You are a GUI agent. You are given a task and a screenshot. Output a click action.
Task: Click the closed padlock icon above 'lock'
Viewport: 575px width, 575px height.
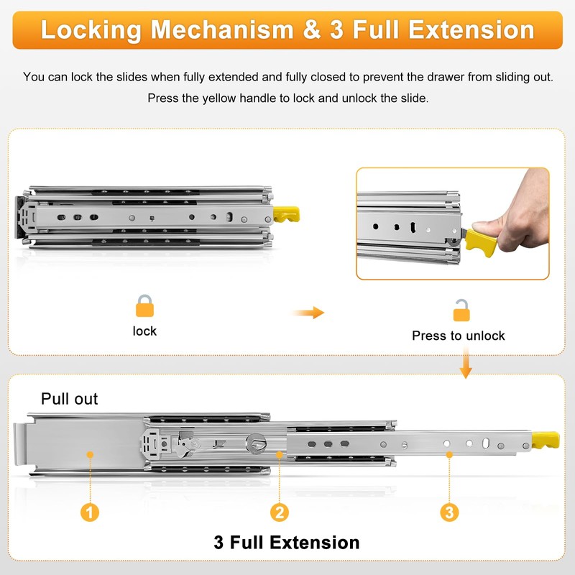coord(144,306)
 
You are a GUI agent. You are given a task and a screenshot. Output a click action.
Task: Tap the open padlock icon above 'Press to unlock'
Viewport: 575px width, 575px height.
coord(461,310)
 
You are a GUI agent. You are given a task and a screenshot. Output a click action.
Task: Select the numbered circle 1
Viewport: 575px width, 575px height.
coord(90,512)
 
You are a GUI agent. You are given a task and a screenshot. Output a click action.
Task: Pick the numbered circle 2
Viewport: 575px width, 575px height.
coord(280,512)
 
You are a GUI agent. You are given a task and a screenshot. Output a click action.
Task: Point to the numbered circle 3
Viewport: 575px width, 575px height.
coord(450,512)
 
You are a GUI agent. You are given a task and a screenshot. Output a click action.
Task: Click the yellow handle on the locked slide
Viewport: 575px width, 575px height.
coord(286,215)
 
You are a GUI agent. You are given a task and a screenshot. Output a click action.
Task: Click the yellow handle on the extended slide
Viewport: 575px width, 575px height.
coord(546,440)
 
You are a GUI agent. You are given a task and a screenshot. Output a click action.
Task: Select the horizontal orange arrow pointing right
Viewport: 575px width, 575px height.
coord(308,313)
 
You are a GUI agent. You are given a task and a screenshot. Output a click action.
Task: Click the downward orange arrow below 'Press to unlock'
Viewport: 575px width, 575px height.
coord(466,363)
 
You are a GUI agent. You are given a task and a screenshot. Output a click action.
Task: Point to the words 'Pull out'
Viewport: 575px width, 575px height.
coord(69,399)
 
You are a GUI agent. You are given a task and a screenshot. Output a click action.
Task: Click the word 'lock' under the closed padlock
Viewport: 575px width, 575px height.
coord(144,331)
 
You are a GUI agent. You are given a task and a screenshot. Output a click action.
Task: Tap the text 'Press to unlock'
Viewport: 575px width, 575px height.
coord(459,336)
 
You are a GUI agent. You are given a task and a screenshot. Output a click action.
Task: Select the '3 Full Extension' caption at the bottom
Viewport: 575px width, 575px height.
coord(287,543)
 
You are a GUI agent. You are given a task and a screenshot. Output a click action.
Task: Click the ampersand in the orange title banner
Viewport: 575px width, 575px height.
coord(312,30)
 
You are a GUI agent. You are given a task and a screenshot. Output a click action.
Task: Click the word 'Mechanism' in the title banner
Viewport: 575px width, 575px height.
coord(222,29)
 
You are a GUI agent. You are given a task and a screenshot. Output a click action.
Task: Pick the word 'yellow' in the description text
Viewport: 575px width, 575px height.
coord(219,98)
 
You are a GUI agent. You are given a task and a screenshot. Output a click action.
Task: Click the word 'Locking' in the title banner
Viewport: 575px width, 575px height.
coord(91,30)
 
